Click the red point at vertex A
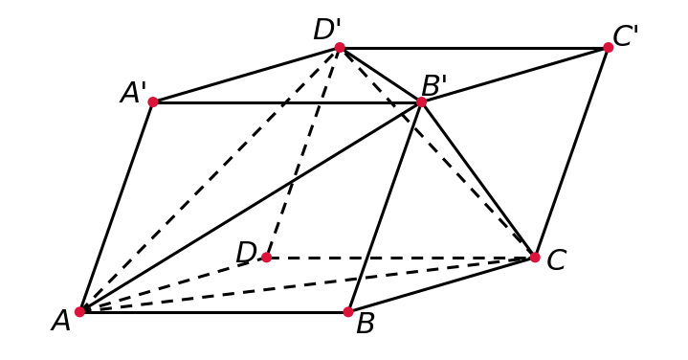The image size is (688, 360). (79, 312)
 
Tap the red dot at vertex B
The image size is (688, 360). (348, 312)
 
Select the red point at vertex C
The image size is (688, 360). (535, 258)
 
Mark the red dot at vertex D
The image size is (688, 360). (266, 258)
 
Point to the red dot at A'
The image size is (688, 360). (153, 101)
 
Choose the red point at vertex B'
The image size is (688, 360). (421, 101)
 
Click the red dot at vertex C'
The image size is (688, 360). (608, 48)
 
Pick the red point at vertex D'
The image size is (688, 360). (340, 48)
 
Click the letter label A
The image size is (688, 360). (60, 321)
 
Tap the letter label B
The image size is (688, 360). (366, 324)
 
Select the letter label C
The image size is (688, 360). (556, 259)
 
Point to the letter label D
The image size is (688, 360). (246, 253)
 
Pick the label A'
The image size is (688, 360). (133, 93)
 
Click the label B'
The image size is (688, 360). (434, 85)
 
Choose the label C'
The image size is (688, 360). (625, 36)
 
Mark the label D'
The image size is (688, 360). (327, 30)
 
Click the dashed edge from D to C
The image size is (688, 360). (400, 258)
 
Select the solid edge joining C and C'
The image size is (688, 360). (571, 152)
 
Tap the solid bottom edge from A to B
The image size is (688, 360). (213, 312)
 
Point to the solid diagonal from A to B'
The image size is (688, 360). (251, 207)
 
